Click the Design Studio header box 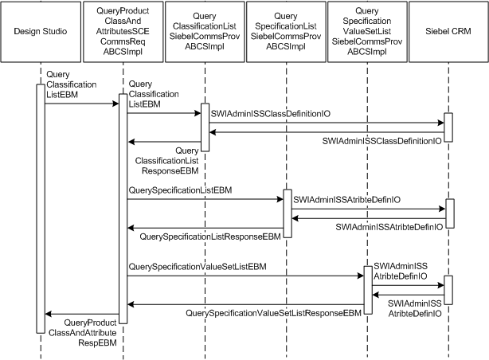(41, 31)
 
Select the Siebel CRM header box (448, 31)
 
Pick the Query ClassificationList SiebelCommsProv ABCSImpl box (204, 31)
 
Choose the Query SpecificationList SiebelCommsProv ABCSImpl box (285, 31)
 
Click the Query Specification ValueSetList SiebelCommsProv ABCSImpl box (367, 31)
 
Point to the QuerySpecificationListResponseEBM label (211, 237)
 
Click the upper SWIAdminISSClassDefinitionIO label (269, 114)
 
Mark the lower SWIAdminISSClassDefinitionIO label (381, 140)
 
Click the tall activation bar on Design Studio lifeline (39, 207)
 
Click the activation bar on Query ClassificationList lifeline (204, 127)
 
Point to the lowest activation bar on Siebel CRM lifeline (448, 289)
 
